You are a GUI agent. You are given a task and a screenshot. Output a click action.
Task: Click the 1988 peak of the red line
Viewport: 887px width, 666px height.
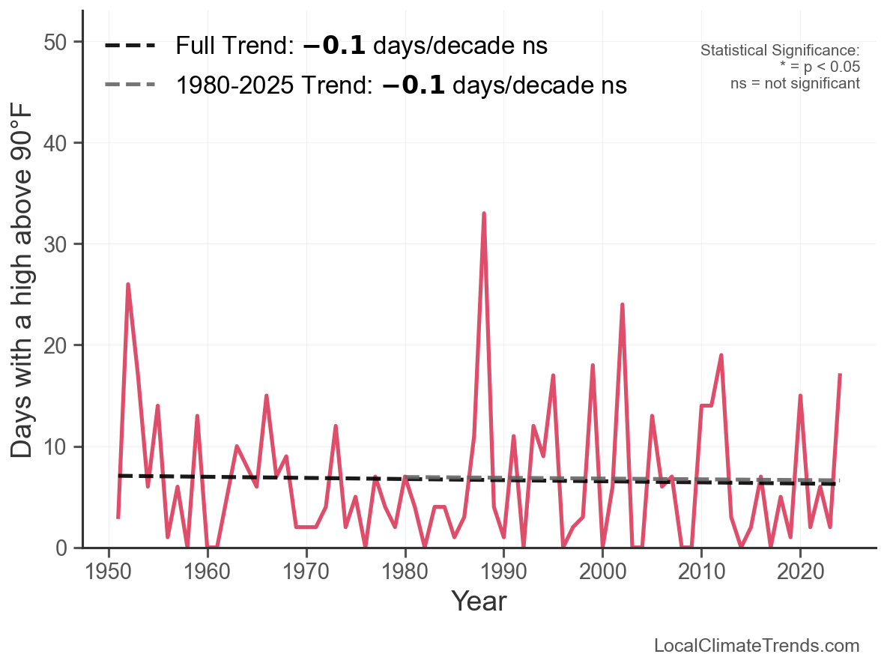point(484,214)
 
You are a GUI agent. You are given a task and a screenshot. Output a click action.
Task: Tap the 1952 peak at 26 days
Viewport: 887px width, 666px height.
point(128,285)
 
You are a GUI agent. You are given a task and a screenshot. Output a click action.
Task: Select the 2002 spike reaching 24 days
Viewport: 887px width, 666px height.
point(622,305)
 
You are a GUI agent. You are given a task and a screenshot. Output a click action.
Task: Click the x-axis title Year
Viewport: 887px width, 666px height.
point(479,602)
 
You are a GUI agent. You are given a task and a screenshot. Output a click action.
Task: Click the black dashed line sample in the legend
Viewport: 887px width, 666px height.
point(130,46)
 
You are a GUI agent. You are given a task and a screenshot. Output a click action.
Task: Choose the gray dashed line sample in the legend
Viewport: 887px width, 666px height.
point(130,85)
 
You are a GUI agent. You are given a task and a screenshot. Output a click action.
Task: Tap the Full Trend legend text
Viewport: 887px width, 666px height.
point(362,46)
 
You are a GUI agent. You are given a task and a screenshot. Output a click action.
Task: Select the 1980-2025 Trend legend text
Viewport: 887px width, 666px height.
point(401,85)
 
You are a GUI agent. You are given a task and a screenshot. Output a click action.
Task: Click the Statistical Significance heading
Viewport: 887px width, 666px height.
point(780,51)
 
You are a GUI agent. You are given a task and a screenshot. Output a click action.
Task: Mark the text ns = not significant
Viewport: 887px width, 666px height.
point(795,83)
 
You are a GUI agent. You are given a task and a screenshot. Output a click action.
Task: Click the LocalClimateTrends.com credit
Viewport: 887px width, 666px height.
point(757,646)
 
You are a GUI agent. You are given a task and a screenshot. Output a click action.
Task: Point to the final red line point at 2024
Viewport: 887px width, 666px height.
point(841,375)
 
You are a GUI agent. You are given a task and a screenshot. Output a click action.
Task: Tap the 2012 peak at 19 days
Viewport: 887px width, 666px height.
point(721,355)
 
